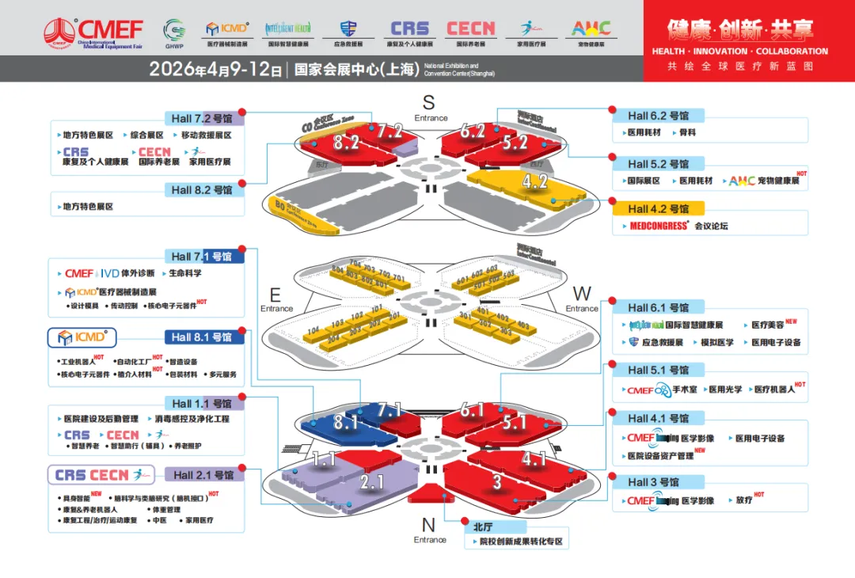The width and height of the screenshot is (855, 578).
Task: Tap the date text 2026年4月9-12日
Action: point(215,70)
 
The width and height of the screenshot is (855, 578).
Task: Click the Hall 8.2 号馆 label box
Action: point(203,190)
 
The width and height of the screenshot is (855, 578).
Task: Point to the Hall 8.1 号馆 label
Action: point(202,337)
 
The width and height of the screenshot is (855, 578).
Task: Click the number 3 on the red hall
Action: point(497,482)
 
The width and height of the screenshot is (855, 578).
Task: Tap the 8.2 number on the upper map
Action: point(346,143)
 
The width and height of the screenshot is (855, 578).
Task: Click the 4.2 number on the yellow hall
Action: point(535,181)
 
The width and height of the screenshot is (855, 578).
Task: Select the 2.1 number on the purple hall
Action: point(372,481)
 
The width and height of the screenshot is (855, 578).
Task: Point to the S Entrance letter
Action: point(428,102)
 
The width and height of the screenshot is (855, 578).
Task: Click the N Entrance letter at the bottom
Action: point(428,524)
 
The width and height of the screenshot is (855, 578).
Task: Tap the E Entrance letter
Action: point(275,295)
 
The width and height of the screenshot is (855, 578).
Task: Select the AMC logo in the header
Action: point(591,29)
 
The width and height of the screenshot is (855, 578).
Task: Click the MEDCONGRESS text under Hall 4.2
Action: point(659,226)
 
